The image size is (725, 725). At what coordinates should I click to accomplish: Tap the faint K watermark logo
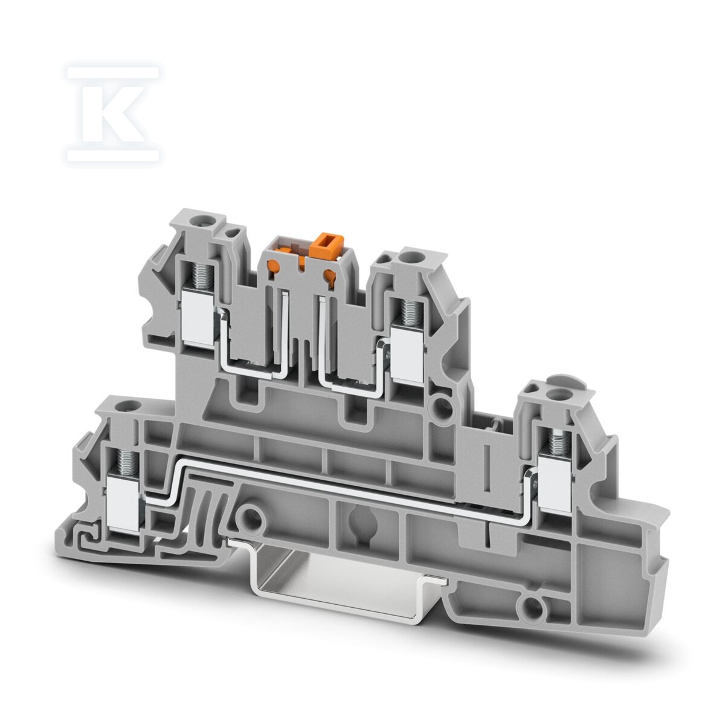[x=112, y=114]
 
